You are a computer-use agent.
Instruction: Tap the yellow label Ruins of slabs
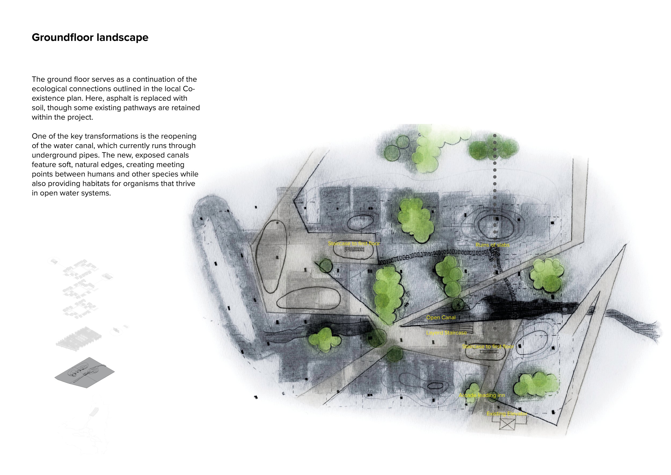[493, 245]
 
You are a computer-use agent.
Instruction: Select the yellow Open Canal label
[441, 317]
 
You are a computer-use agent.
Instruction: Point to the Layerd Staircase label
[446, 333]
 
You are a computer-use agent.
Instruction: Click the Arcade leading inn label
[482, 395]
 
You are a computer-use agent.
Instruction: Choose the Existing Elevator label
[507, 413]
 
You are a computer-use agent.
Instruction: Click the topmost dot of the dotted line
[495, 136]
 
